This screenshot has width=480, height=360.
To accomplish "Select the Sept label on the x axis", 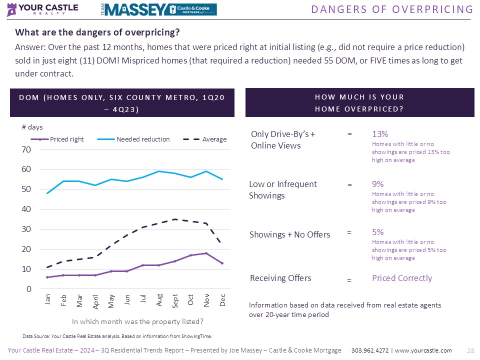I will click(174, 301).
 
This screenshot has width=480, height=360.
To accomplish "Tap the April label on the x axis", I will click(95, 302).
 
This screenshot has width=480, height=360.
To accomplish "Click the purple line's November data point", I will click(206, 253).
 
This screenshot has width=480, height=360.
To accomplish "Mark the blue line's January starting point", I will click(47, 193).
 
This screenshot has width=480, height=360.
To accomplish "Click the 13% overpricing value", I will click(380, 134).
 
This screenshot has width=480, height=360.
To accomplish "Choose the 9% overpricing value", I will click(377, 184).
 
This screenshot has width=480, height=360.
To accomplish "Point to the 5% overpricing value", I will click(377, 232).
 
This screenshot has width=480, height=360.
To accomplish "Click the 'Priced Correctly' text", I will click(401, 278).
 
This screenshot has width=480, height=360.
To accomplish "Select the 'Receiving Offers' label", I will click(280, 278).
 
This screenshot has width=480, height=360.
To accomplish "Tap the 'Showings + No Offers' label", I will click(289, 234).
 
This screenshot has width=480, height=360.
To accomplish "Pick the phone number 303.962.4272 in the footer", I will click(370, 350).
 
